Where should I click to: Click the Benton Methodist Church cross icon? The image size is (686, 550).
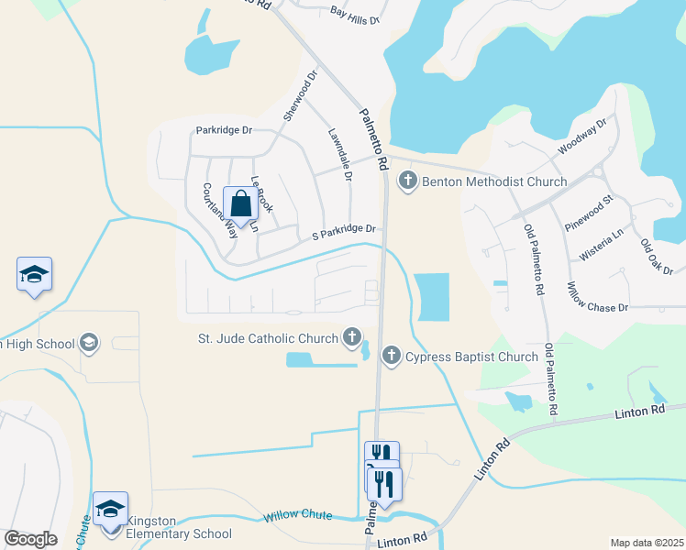(x=408, y=181)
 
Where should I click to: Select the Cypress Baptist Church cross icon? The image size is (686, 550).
(x=392, y=356)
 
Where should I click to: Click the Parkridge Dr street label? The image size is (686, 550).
(x=224, y=130)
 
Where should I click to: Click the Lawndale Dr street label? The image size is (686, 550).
(x=339, y=153)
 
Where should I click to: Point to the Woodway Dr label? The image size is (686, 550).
(x=582, y=137)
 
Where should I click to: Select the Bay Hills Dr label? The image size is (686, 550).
(x=354, y=14)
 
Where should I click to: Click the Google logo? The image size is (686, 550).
(x=30, y=538)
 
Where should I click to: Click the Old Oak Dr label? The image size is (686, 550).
(x=657, y=258)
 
